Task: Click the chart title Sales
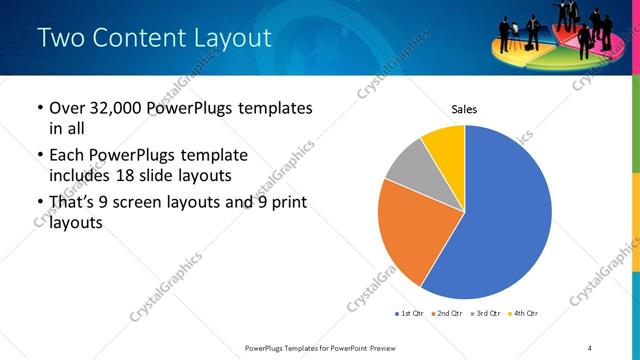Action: tap(465, 108)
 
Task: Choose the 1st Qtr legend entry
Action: tap(410, 314)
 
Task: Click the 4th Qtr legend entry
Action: tap(524, 314)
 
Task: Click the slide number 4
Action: tap(591, 347)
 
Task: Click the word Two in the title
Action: tap(62, 39)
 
